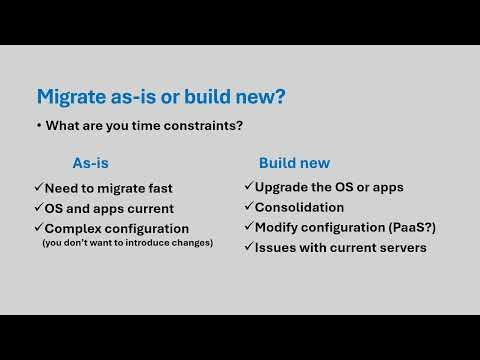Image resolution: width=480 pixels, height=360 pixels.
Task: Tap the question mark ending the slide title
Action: (x=285, y=97)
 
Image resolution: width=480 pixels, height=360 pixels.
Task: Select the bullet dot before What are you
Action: (x=38, y=127)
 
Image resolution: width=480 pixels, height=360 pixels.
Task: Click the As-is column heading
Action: (x=92, y=163)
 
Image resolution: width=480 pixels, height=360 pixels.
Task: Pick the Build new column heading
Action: (x=294, y=163)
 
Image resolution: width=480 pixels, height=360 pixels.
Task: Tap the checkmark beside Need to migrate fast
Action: (x=38, y=188)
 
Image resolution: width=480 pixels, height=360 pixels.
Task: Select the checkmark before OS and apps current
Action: (x=38, y=208)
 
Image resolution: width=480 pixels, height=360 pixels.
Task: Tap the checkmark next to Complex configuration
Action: (x=38, y=229)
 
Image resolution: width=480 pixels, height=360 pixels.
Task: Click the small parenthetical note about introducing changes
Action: (x=126, y=243)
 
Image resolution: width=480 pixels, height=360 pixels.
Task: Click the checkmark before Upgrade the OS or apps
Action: (x=248, y=187)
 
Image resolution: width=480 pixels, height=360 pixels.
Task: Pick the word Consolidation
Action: (x=299, y=207)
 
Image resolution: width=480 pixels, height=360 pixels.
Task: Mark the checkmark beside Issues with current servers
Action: (x=248, y=247)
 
